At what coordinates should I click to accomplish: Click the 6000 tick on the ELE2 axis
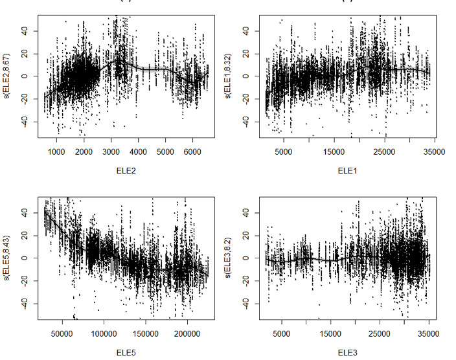point(192,152)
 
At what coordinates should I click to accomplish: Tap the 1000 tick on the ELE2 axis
point(56,152)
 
